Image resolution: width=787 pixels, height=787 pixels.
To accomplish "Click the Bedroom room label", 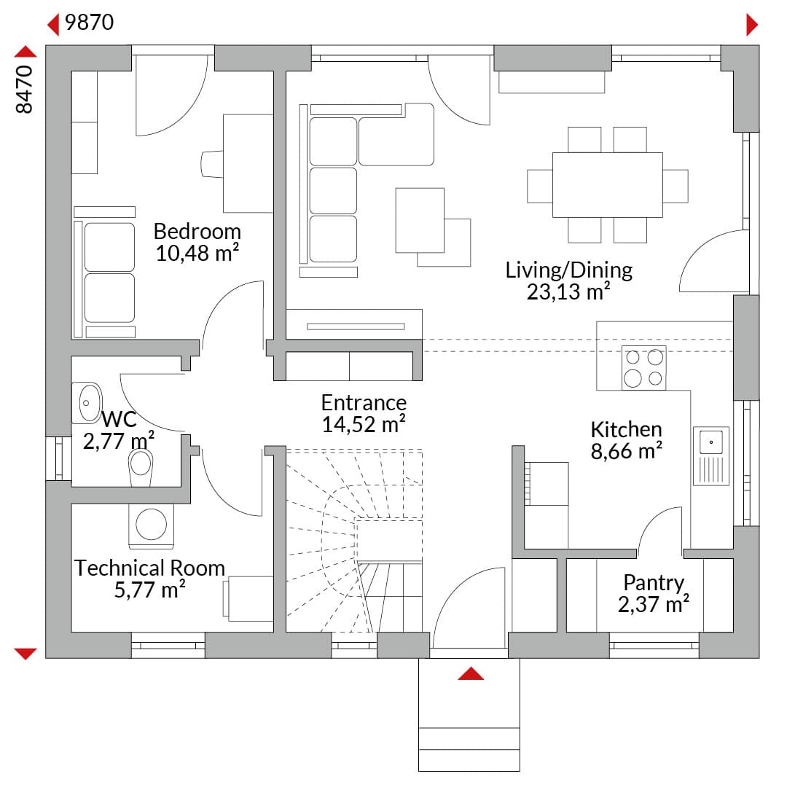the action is tap(197, 232).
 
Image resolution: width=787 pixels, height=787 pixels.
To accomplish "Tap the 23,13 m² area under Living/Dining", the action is tap(568, 291).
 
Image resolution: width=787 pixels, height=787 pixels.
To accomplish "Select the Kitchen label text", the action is tap(627, 430).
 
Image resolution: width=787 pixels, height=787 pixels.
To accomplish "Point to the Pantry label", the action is tap(654, 583).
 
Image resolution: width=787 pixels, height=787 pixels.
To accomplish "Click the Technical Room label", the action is tap(149, 568).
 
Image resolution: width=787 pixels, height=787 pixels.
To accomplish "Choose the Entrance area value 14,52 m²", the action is tap(364, 425).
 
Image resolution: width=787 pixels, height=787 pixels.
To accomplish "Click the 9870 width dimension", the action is tap(90, 23).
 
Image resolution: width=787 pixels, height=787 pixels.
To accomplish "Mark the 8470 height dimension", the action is tap(24, 90).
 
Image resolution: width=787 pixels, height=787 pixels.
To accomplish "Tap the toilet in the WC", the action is tap(141, 467).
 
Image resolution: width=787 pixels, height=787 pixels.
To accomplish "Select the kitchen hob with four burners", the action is tap(644, 368).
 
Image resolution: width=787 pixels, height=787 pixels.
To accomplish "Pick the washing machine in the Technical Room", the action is tap(151, 526).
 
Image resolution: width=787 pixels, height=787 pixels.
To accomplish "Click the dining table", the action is tap(607, 185).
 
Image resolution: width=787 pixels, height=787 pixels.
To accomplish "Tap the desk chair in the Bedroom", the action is tap(212, 164).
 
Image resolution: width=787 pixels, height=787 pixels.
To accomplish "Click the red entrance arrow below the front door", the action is tap(471, 674).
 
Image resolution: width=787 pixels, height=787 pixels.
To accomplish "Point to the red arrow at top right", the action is tap(752, 25).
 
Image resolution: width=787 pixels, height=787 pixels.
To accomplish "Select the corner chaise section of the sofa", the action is tap(396, 135).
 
